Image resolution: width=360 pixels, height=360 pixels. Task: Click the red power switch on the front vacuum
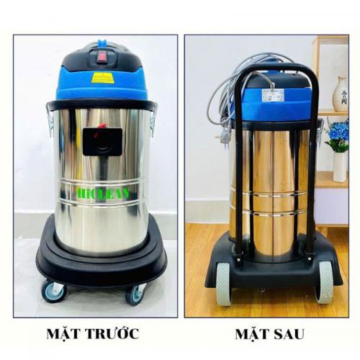click(102, 53)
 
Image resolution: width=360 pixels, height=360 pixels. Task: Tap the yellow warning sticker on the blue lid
click(103, 77)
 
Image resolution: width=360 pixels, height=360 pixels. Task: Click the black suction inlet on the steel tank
click(102, 141)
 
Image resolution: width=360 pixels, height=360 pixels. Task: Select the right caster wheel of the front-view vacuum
click(135, 294)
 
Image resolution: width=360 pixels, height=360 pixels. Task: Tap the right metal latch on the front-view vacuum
click(153, 120)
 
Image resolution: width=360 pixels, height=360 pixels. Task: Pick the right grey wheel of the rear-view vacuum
click(325, 282)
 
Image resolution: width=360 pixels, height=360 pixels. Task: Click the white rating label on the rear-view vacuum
click(273, 94)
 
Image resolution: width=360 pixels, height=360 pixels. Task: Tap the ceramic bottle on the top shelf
click(340, 94)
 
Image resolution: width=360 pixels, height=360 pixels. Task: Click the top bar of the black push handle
click(274, 70)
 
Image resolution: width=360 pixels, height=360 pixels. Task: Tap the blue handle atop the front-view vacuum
click(103, 46)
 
